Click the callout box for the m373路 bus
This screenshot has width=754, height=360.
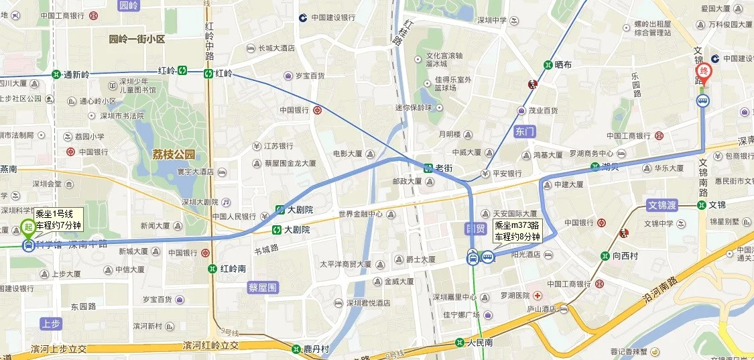click(x=517, y=231)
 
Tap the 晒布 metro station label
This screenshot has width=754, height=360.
click(x=563, y=64)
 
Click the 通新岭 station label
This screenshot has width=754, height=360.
click(x=76, y=74)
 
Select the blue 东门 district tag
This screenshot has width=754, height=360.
click(x=525, y=131)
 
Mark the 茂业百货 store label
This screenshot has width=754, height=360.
click(x=543, y=111)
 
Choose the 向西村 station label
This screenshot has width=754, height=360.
click(x=628, y=255)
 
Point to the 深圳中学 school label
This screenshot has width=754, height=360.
click(x=492, y=20)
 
